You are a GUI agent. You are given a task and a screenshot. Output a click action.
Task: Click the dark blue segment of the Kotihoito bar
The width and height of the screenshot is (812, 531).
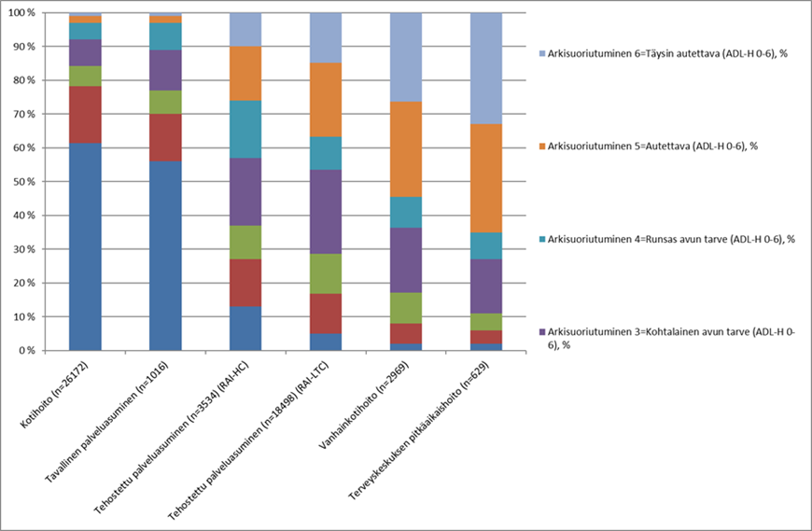coord(85,247)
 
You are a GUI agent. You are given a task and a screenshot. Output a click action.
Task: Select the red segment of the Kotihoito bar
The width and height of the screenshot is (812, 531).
coord(85,115)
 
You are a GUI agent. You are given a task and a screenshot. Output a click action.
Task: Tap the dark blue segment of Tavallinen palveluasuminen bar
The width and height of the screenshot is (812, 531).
coord(165,256)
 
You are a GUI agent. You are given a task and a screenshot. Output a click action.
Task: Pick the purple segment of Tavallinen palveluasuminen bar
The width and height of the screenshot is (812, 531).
coord(165,70)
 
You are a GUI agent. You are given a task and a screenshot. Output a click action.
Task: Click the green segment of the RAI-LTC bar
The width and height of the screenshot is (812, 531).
coord(326,273)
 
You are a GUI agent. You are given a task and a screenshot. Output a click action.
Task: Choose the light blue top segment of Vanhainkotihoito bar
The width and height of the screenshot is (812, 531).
coord(406,57)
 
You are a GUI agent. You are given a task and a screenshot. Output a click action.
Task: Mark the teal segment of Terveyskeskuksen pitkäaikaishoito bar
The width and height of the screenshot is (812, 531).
coord(486,245)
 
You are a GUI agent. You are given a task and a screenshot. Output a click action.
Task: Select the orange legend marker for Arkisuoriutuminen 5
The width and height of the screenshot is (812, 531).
coord(542,147)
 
